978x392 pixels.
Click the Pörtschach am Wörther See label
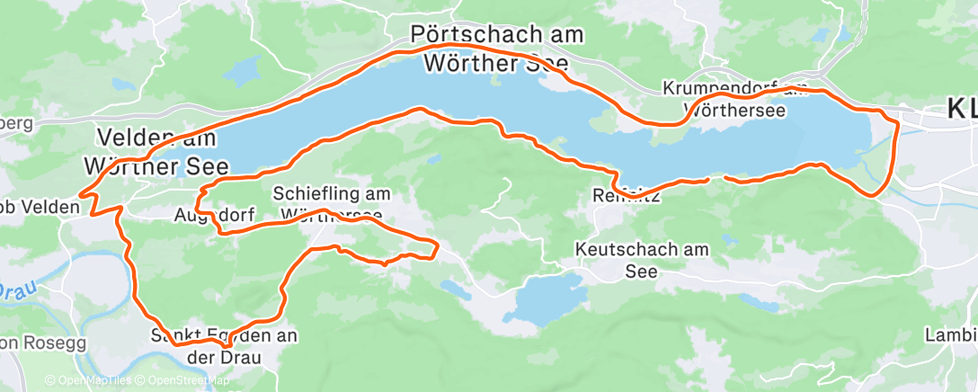[x=496, y=49]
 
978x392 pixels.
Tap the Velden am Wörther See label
[x=156, y=152]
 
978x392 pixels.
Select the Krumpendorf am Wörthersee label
[x=735, y=99]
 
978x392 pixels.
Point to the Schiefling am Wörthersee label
[x=331, y=203]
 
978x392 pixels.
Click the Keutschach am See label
[x=642, y=259]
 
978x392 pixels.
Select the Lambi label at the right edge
[x=951, y=335]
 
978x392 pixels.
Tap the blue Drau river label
[x=13, y=291]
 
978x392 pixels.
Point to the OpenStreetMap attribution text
[x=185, y=380]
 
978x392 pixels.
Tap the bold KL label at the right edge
[x=961, y=110]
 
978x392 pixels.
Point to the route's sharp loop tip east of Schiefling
[x=437, y=247]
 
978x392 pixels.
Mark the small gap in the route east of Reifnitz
[x=716, y=179]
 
